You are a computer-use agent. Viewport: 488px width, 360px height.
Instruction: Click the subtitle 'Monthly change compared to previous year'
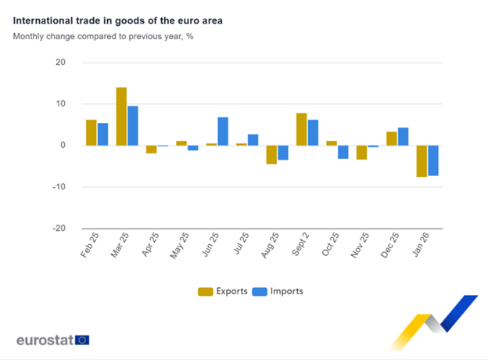103,36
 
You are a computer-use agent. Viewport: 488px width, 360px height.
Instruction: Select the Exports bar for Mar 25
121,116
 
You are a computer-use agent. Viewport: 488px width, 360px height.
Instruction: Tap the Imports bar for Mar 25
133,125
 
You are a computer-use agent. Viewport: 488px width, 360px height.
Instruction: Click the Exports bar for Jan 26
422,161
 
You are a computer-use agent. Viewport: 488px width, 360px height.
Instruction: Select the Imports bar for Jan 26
432,160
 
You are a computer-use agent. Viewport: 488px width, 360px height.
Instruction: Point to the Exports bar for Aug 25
271,154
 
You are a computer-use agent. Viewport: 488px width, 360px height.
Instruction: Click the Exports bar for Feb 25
91,132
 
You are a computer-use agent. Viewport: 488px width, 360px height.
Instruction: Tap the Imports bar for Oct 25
343,152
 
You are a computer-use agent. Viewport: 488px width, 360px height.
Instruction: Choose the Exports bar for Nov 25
361,153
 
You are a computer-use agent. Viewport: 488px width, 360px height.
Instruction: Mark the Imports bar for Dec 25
403,136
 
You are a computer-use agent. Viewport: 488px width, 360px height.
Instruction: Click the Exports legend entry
222,291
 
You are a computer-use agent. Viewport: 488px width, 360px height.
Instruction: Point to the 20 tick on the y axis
61,63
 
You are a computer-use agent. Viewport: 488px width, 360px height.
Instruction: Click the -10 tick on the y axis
59,187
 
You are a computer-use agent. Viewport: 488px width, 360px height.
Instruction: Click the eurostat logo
52,340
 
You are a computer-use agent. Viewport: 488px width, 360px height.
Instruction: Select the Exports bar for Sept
302,129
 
